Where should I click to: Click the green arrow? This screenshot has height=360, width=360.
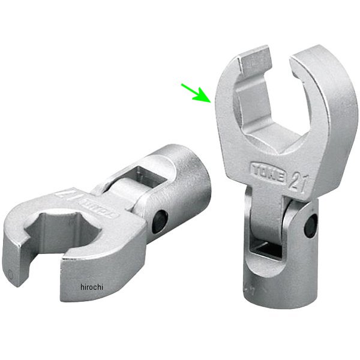point(196,92)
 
